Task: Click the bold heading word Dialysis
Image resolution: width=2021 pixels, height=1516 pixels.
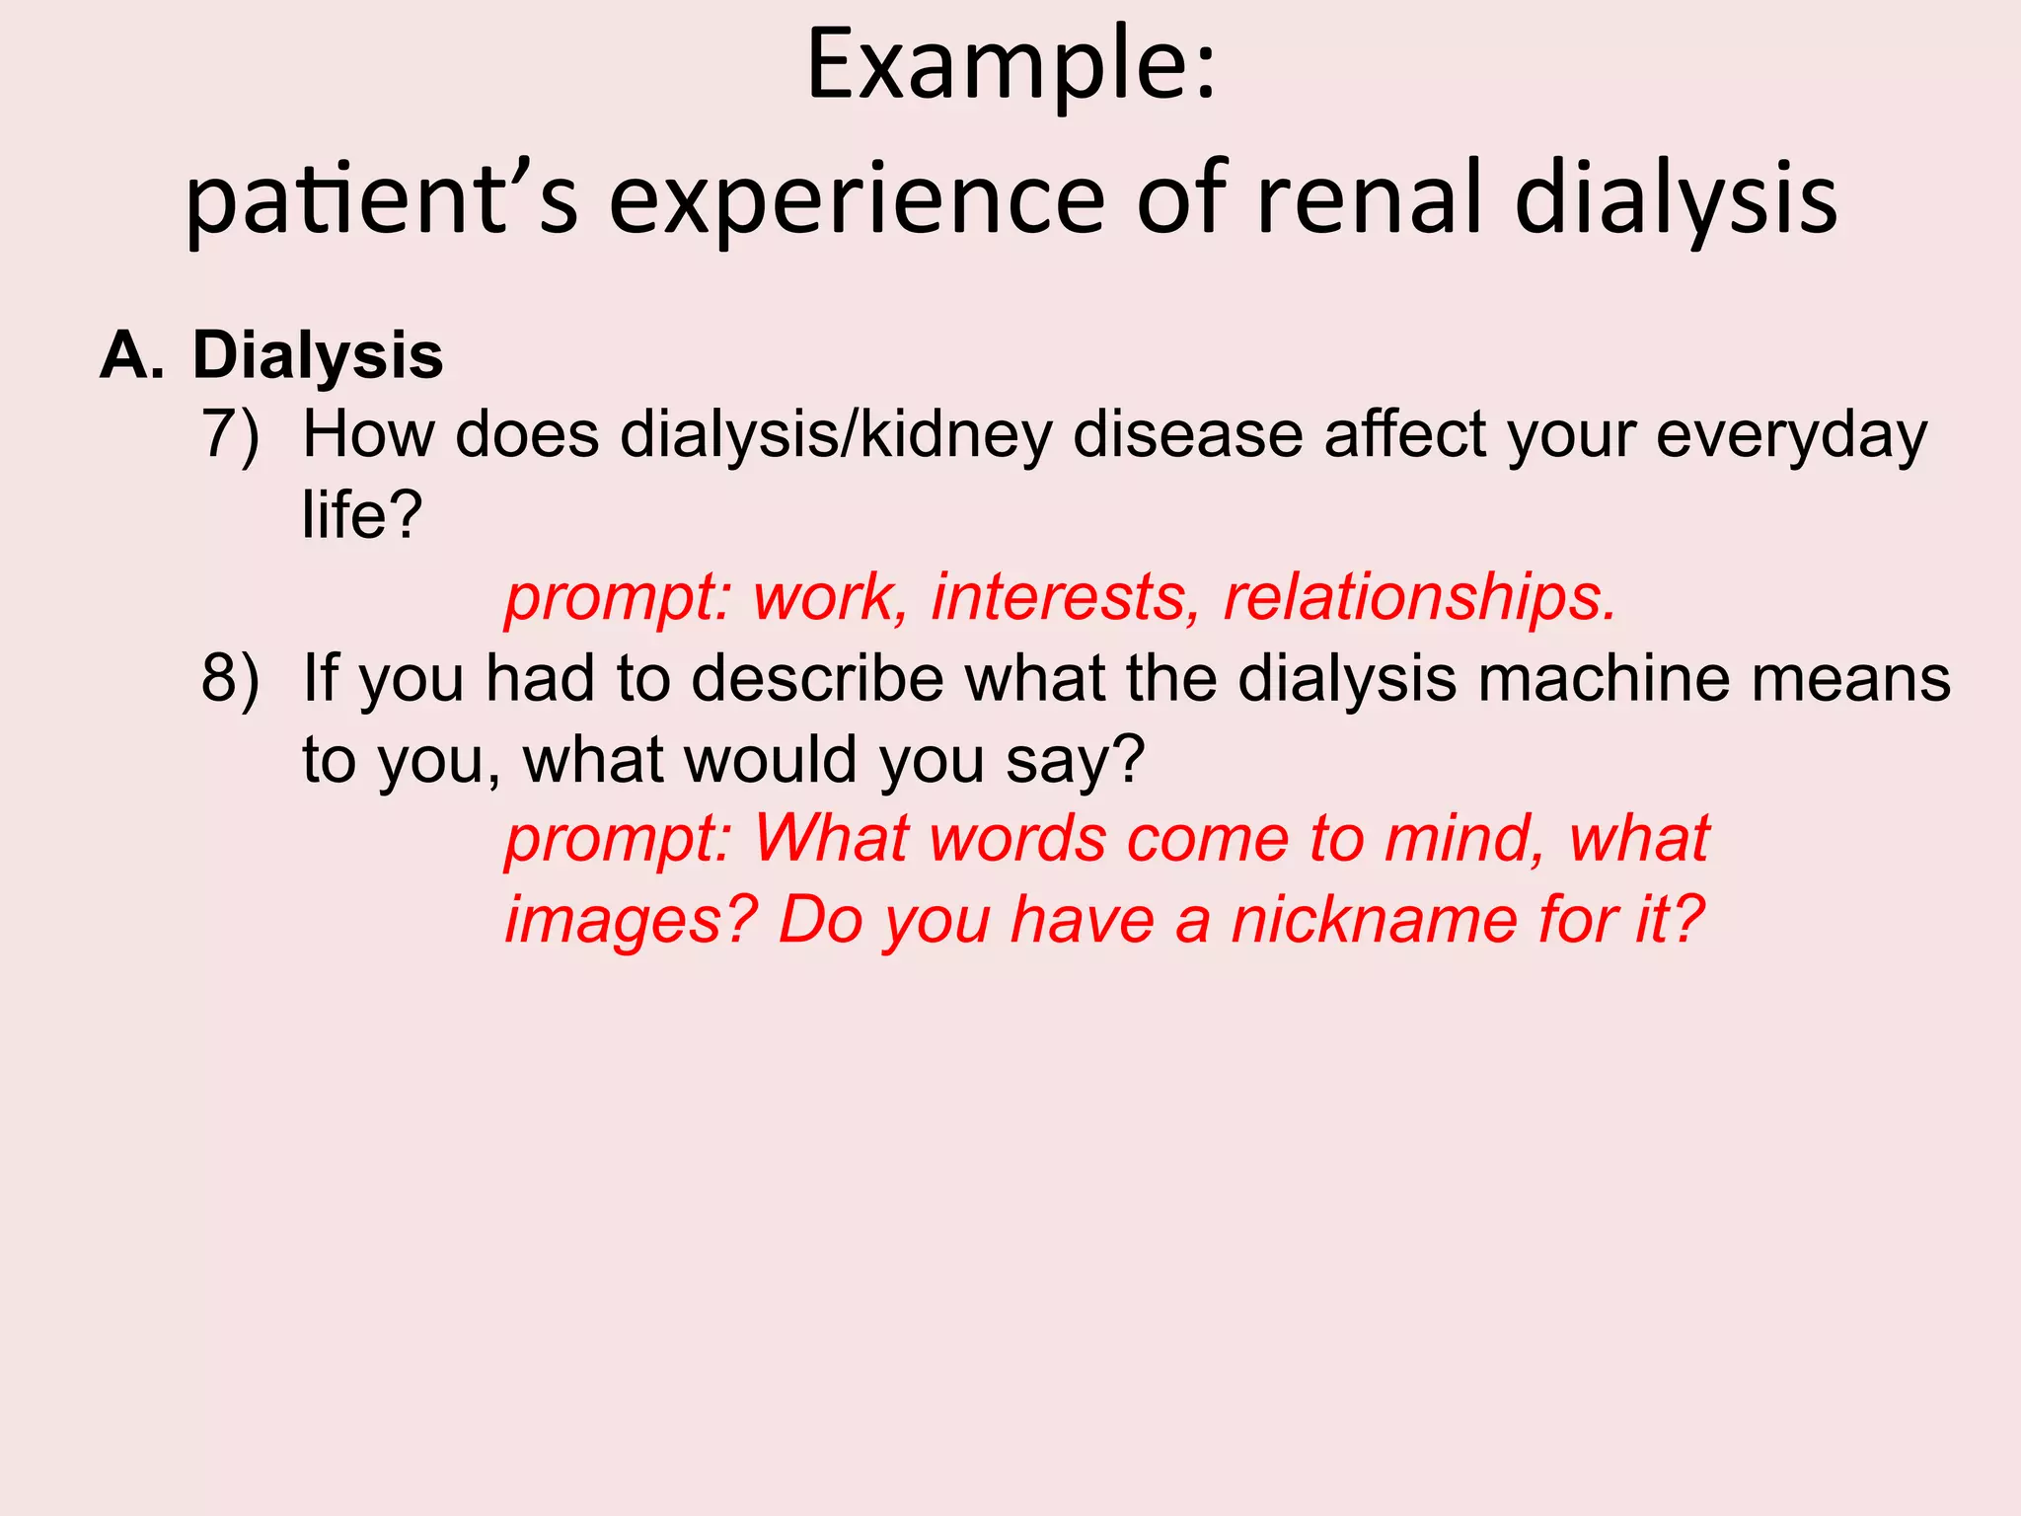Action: (317, 355)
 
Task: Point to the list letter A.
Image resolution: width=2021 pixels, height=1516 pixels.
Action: (131, 355)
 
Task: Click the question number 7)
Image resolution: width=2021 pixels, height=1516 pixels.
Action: (231, 435)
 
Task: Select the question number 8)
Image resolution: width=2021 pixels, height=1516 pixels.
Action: (231, 680)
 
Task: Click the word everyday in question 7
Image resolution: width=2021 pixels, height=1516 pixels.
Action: (1790, 435)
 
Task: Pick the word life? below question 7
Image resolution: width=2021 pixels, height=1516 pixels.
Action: (361, 515)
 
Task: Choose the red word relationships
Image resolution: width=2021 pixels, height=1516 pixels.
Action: (1419, 598)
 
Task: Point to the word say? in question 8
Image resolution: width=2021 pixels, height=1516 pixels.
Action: (1075, 761)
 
